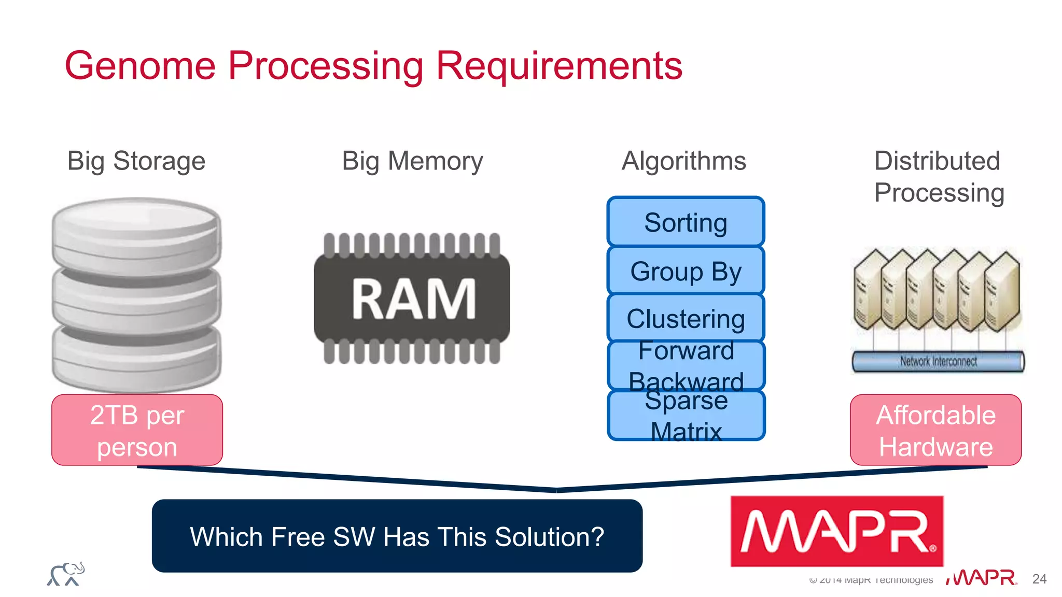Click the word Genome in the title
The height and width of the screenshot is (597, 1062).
point(140,66)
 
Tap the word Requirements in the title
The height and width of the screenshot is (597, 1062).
point(559,66)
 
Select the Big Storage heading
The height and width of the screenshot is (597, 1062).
point(136,161)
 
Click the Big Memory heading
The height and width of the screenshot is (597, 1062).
point(412,161)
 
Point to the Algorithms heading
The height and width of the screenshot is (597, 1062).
point(683,161)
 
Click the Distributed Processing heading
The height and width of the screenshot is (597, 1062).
point(939,177)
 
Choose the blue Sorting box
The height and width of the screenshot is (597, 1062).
point(686,222)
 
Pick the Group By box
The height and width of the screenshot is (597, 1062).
point(686,271)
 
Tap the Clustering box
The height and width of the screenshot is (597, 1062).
point(686,318)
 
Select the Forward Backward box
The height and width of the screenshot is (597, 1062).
point(686,365)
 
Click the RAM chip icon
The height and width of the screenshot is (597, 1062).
point(412,299)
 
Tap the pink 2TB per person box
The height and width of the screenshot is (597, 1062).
point(137,430)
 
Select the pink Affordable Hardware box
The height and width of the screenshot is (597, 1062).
point(935,430)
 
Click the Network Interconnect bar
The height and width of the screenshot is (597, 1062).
point(938,361)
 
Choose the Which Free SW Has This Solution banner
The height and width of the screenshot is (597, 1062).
point(397,536)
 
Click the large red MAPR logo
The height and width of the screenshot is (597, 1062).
point(836,531)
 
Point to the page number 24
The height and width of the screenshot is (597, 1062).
point(1039,579)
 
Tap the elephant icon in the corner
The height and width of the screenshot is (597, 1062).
point(66,574)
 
